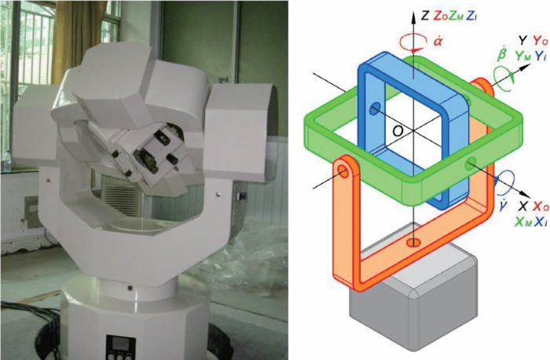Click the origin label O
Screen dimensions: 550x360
pyautogui.click(x=398, y=131)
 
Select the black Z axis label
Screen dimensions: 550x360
pyautogui.click(x=424, y=16)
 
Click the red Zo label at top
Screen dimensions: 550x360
pyautogui.click(x=440, y=17)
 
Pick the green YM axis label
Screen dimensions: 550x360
pyautogui.click(x=523, y=56)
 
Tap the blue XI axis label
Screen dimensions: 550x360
pyautogui.click(x=540, y=222)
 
